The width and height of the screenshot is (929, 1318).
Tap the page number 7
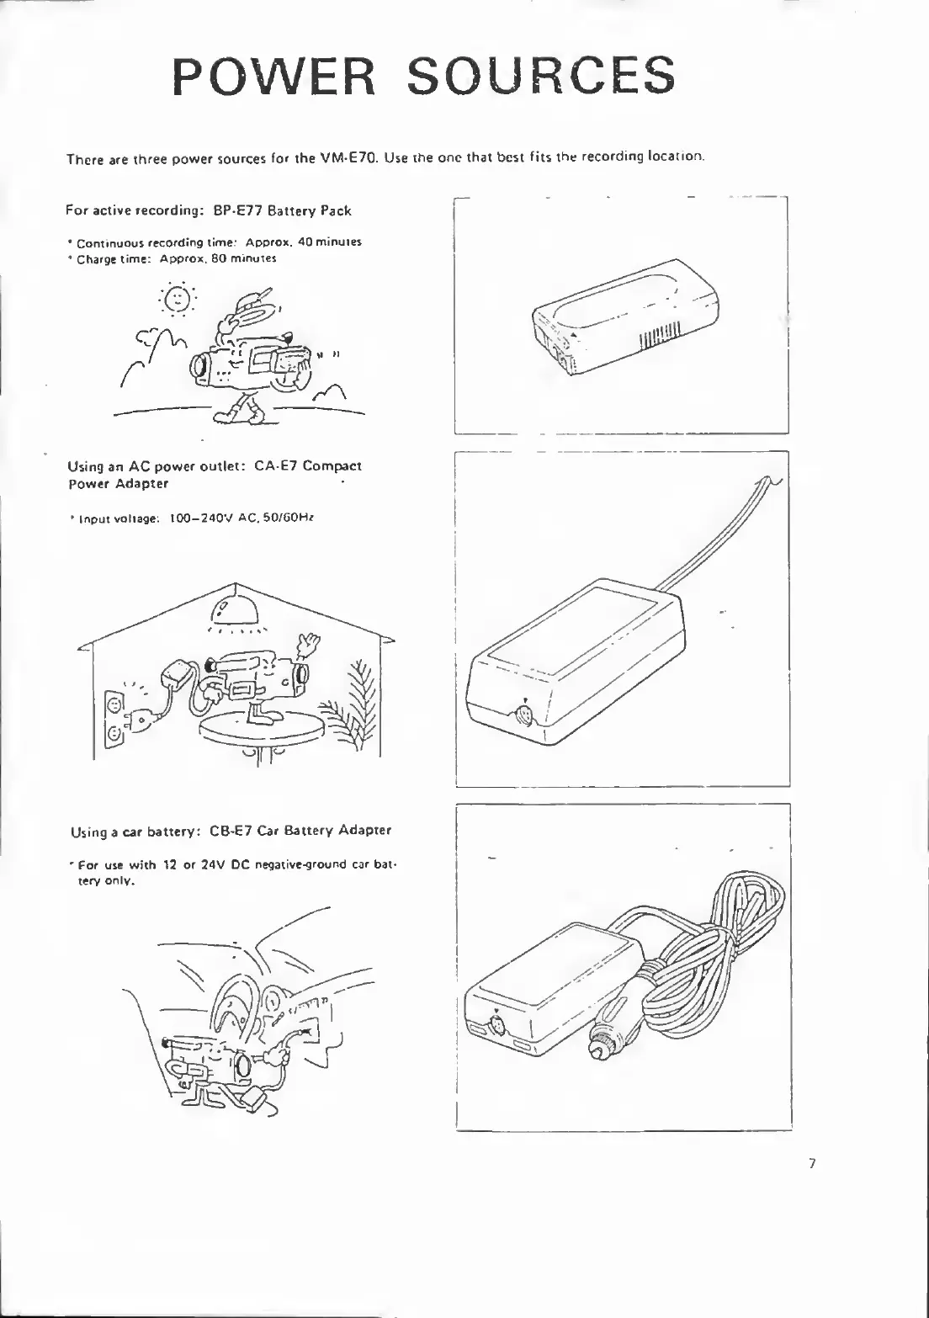(x=811, y=1165)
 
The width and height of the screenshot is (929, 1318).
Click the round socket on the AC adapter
(x=524, y=716)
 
